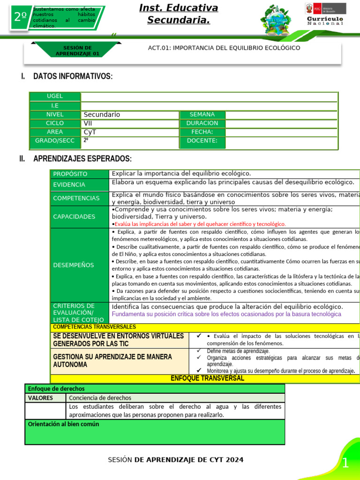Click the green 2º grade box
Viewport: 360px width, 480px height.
pos(20,17)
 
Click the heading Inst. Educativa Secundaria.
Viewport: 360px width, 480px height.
pos(179,14)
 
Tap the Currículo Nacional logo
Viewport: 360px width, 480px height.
pos(325,15)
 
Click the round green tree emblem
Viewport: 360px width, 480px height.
pos(276,20)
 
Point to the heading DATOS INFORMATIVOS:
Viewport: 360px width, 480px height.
pos(73,76)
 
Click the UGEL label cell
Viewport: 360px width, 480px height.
pos(55,97)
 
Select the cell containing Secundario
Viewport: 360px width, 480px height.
pos(130,115)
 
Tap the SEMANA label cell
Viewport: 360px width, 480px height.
pos(202,115)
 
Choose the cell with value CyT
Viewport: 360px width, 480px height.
pos(130,132)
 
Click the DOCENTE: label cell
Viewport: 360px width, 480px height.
pos(202,141)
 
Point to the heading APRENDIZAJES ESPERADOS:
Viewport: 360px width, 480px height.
pos(82,159)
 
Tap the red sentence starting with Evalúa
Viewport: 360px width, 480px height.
pos(200,224)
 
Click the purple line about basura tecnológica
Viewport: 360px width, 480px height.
pos(226,314)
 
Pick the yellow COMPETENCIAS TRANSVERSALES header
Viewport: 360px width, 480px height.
pos(95,327)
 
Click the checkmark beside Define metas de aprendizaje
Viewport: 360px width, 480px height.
pos(199,351)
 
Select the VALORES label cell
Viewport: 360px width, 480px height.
pos(40,398)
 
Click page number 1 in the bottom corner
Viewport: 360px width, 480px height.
pos(345,464)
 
